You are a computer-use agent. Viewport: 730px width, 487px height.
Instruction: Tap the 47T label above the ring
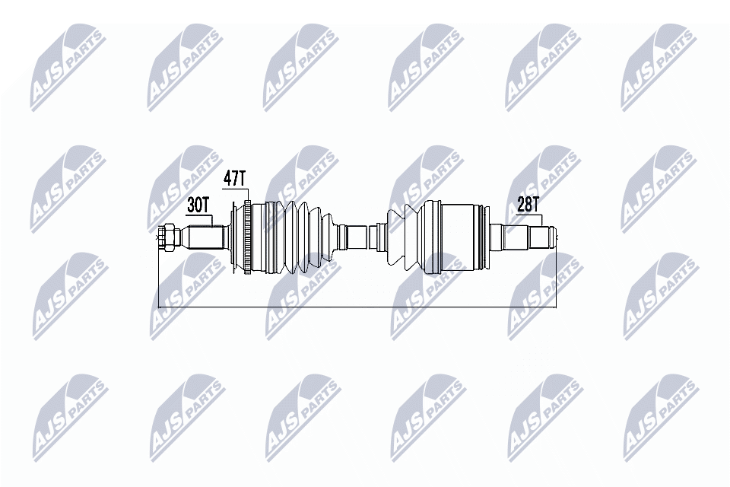235,180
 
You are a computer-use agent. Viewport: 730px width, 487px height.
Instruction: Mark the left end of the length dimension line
157,307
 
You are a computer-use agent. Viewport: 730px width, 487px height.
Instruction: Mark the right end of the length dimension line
556,307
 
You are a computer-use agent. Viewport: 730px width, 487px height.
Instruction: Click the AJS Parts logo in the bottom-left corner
68,415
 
